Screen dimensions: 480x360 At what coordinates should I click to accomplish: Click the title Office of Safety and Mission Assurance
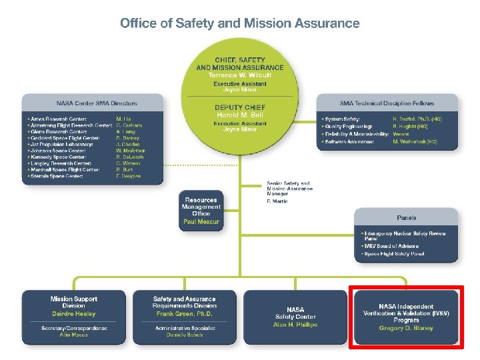point(240,23)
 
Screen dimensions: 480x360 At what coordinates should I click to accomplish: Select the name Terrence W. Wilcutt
point(239,75)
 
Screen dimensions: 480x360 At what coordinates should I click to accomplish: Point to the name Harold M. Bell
point(239,115)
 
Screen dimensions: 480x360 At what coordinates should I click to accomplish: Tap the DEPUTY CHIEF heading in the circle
point(239,107)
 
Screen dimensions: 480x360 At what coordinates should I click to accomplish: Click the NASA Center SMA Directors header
point(97,103)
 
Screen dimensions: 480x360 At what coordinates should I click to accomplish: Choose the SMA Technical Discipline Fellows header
point(387,103)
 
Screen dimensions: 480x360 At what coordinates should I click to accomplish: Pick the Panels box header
point(406,218)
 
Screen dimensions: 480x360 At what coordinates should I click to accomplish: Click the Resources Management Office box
point(201,211)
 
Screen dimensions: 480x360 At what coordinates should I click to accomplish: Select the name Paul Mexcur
point(201,222)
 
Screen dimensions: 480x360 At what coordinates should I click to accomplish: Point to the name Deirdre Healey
point(73,314)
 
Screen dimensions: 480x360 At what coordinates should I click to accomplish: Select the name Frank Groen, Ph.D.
point(184,314)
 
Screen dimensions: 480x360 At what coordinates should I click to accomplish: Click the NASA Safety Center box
point(295,317)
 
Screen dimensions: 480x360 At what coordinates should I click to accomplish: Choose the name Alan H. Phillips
point(295,325)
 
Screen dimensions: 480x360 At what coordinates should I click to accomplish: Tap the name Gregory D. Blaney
point(405,328)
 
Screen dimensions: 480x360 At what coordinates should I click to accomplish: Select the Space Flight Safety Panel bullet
point(394,254)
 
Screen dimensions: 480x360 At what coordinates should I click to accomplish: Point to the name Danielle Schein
point(184,335)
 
